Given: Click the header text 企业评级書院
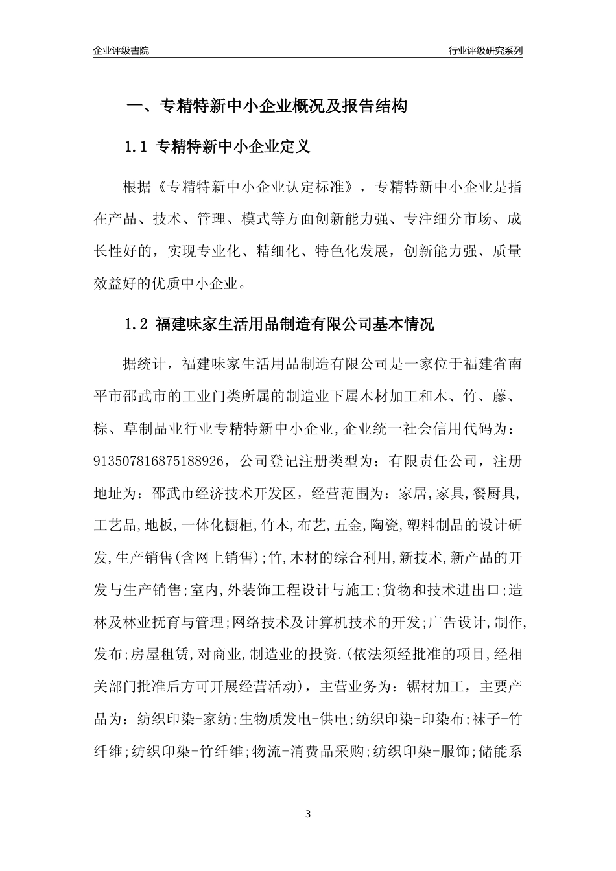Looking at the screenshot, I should [x=121, y=51].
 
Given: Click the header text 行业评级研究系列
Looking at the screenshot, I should [x=485, y=51].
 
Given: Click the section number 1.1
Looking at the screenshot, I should [x=137, y=147].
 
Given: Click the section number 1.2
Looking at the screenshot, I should [x=137, y=324].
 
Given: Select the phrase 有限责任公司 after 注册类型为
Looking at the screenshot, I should [x=433, y=461].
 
